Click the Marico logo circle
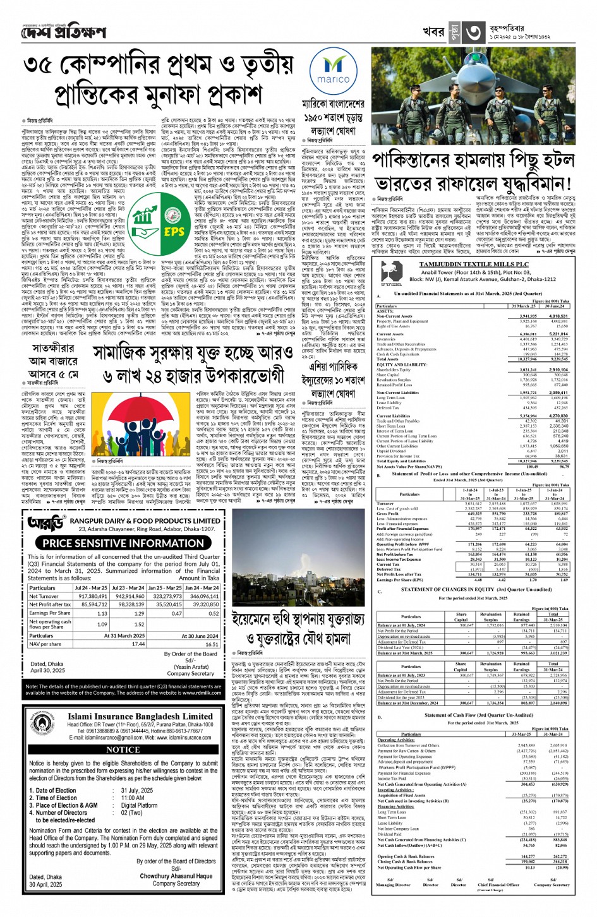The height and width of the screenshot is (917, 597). click(333, 70)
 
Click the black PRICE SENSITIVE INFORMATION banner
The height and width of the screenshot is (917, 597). click(123, 543)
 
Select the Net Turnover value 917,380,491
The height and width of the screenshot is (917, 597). click(92, 596)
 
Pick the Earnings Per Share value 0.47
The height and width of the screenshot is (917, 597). click(176, 613)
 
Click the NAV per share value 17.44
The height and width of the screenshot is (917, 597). click(138, 644)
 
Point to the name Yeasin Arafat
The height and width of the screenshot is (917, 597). click(191, 667)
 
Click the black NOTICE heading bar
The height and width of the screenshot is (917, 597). click(123, 749)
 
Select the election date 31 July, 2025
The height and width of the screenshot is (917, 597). click(137, 790)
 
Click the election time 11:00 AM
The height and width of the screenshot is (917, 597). click(133, 798)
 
